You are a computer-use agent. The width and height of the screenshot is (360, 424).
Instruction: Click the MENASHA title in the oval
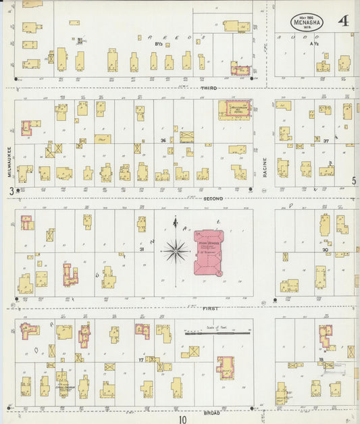307,22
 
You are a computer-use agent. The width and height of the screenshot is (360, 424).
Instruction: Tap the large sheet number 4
344,20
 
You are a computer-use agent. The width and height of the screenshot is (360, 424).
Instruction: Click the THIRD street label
208,88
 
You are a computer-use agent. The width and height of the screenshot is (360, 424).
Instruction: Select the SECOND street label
211,198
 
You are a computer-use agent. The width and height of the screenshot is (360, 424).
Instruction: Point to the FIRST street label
209,307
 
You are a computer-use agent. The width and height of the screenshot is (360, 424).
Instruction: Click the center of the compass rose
176,252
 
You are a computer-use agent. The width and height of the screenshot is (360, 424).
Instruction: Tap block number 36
163,140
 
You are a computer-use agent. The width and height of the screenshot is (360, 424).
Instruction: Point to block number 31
142,250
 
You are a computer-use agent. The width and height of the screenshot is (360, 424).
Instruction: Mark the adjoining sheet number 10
182,419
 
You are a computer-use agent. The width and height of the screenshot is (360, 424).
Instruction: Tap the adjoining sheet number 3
11,191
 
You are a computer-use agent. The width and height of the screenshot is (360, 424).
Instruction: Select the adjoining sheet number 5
353,181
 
